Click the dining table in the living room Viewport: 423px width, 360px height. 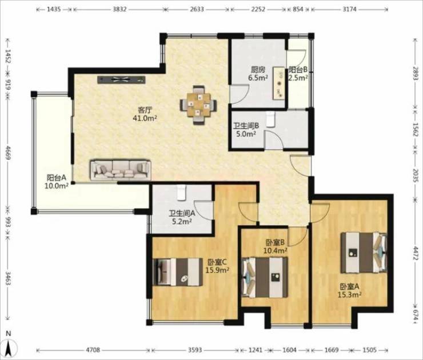pos(198,105)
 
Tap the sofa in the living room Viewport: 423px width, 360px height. pos(121,170)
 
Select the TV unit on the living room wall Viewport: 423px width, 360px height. pos(121,79)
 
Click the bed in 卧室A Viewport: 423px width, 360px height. pos(364,253)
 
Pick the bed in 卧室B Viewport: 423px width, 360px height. pos(265,277)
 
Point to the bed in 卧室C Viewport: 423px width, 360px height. pos(178,272)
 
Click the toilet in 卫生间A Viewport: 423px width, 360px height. pos(181,192)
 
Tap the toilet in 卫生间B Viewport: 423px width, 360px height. pos(270,119)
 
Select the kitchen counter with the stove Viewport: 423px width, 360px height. pos(279,83)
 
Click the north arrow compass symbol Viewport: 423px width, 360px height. pos(9,345)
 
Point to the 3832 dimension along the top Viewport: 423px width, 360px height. pos(119,10)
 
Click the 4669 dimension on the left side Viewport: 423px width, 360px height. pos(8,153)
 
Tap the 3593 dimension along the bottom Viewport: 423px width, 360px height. pos(195,350)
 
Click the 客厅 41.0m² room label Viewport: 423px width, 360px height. pos(145,114)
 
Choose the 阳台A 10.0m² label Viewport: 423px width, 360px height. pos(57,182)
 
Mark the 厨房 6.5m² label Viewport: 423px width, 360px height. pos(258,74)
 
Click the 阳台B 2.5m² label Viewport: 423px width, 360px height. pos(298,74)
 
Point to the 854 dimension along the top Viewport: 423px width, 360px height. pos(298,10)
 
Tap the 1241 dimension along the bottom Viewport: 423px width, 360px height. pos(255,350)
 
